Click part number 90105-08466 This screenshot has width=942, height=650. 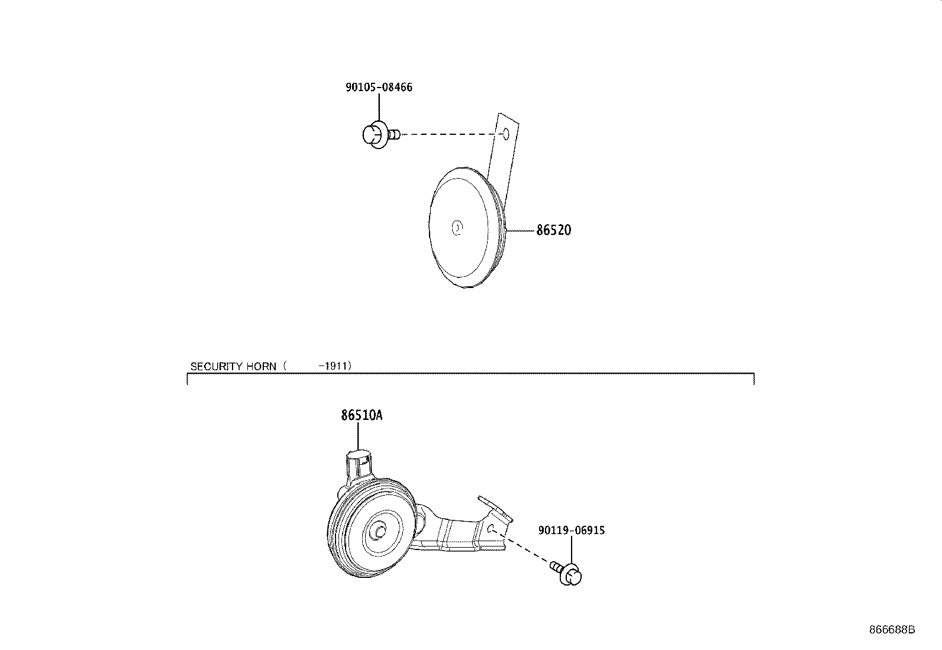click(379, 88)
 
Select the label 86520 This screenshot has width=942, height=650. click(553, 231)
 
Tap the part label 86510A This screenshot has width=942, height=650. click(361, 415)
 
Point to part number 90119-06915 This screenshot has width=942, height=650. click(571, 531)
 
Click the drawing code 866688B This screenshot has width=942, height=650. click(892, 630)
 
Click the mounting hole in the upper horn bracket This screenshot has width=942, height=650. click(505, 134)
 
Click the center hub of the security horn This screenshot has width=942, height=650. click(376, 531)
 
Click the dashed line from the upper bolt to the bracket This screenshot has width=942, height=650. click(450, 135)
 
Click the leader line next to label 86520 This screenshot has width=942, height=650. click(521, 230)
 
